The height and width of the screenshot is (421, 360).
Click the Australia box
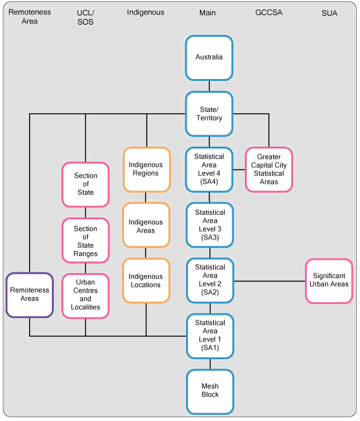pyautogui.click(x=209, y=57)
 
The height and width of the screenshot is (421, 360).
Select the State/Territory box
pyautogui.click(x=209, y=114)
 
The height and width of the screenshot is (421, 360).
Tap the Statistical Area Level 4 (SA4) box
pyautogui.click(x=209, y=169)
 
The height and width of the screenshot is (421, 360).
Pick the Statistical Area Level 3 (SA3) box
pyautogui.click(x=209, y=225)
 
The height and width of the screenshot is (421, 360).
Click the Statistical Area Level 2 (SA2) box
pyautogui.click(x=209, y=280)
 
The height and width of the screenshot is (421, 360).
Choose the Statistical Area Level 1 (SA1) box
pyautogui.click(x=209, y=335)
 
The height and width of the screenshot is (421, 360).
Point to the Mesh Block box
pyautogui.click(x=209, y=390)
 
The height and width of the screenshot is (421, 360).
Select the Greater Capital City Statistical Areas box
pyautogui.click(x=269, y=169)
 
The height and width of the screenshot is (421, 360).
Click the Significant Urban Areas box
pyautogui.click(x=328, y=281)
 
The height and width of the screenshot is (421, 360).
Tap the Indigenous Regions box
pyautogui.click(x=146, y=169)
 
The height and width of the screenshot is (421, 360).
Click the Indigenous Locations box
pyautogui.click(x=146, y=281)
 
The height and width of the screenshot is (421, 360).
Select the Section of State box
pyautogui.click(x=85, y=184)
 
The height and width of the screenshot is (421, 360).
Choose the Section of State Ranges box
pyautogui.click(x=85, y=241)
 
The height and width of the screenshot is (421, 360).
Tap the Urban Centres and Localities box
pyautogui.click(x=85, y=295)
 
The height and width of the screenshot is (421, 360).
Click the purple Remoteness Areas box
pyautogui.click(x=29, y=295)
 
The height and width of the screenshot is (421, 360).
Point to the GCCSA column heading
pyautogui.click(x=269, y=12)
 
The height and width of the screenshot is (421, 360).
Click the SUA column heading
pyautogui.click(x=328, y=12)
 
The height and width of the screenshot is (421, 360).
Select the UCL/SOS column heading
pyautogui.click(x=85, y=16)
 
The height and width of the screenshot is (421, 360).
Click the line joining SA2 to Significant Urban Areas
pyautogui.click(x=269, y=281)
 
